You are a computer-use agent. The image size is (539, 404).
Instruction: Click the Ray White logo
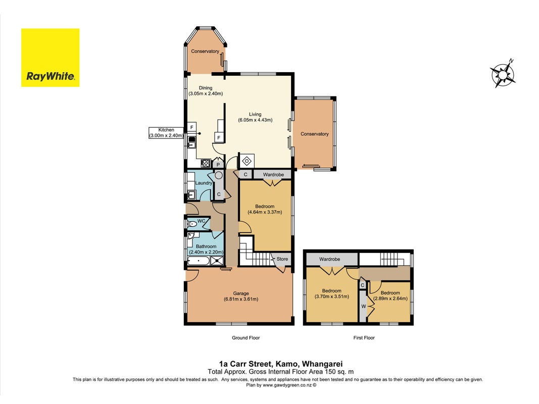tap(50, 58)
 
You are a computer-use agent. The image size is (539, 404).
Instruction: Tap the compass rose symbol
tap(503, 73)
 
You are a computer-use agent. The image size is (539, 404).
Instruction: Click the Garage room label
tap(240, 293)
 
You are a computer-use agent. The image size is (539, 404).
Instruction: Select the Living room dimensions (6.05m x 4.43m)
tap(255, 120)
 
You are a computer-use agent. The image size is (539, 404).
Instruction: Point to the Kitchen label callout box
tap(166, 133)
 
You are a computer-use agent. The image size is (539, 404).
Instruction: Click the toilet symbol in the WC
tap(192, 224)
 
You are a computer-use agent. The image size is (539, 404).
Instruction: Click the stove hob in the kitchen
tap(206, 163)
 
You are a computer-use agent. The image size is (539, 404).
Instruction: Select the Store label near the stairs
tap(282, 259)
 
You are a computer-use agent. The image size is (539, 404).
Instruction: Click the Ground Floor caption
tap(246, 338)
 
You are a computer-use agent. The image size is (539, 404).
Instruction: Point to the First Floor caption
tap(364, 338)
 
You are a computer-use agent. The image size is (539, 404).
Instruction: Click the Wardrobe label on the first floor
tap(329, 259)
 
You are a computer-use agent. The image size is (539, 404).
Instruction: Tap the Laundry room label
tap(204, 183)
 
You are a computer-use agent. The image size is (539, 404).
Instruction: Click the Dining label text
tap(206, 88)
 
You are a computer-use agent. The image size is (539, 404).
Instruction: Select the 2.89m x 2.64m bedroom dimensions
tap(390, 298)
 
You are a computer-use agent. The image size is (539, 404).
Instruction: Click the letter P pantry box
tap(218, 165)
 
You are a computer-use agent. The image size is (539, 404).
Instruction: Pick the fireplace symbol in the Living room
tap(247, 161)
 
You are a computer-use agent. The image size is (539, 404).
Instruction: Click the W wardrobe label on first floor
tap(363, 307)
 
